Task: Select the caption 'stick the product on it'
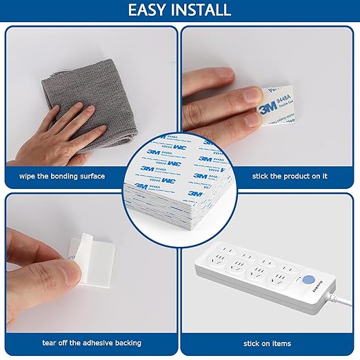click(286, 177)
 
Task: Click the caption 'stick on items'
click(266, 343)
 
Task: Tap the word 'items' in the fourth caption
click(279, 343)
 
